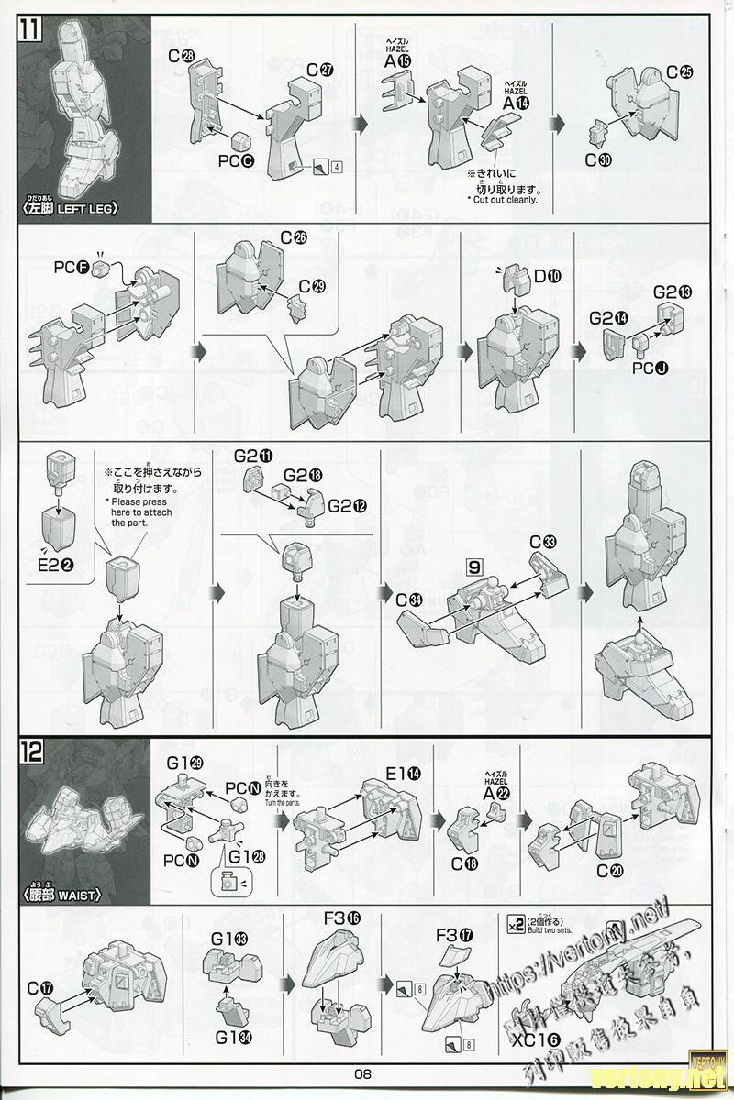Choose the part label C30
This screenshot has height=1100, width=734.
[x=598, y=159]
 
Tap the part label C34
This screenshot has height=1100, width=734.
[x=410, y=599]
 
